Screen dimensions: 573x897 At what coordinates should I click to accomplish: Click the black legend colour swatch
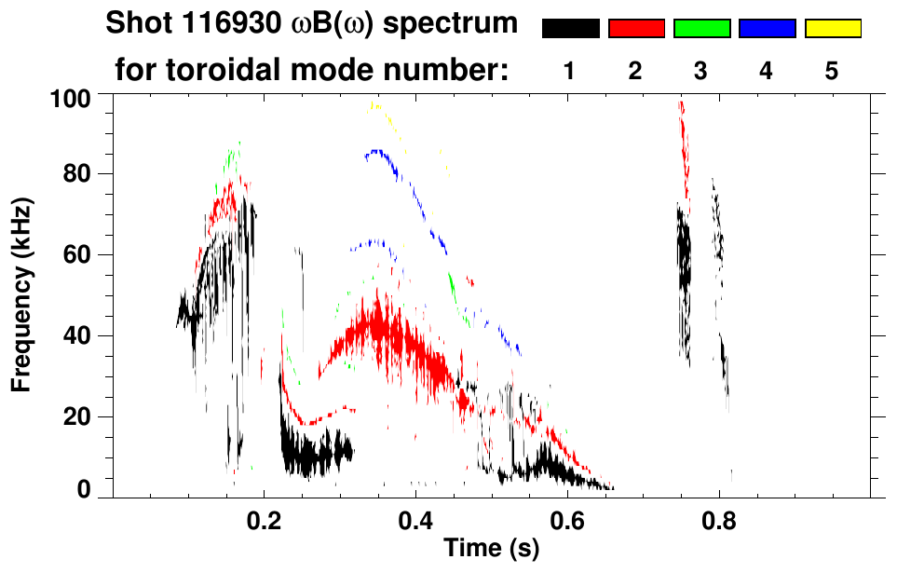click(x=570, y=29)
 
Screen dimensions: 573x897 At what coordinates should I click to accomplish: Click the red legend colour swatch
click(x=636, y=29)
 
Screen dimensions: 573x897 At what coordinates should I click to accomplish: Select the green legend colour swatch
click(x=701, y=29)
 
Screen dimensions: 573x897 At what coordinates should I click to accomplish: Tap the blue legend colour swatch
click(x=767, y=29)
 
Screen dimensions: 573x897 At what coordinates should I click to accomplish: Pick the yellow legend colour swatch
click(x=833, y=29)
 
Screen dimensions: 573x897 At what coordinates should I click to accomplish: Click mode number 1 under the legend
click(x=570, y=71)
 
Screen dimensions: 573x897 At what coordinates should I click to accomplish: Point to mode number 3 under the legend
click(x=701, y=71)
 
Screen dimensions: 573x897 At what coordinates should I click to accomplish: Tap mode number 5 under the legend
click(x=833, y=71)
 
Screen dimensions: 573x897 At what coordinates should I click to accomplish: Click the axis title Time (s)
click(x=491, y=549)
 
